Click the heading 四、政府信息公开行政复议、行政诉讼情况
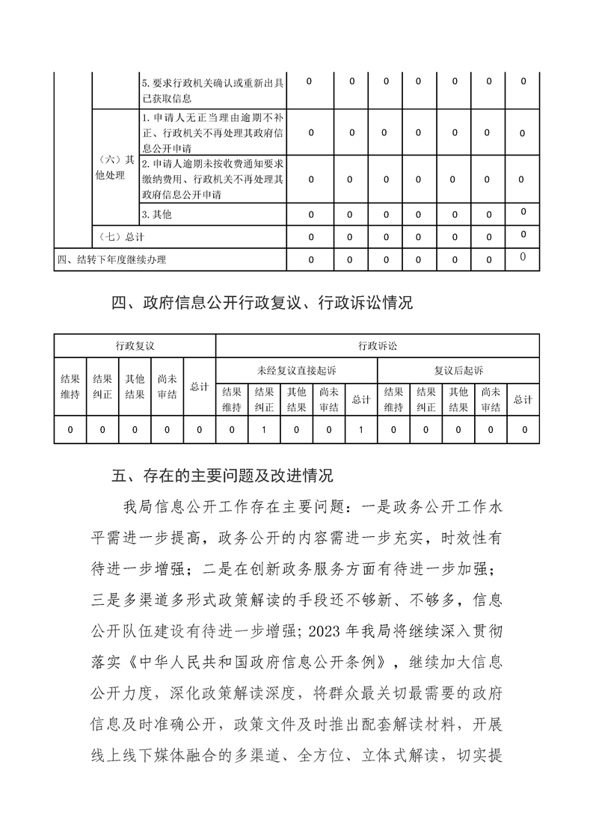click(261, 303)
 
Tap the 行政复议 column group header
click(135, 345)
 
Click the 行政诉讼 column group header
click(377, 345)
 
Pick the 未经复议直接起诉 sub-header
click(296, 370)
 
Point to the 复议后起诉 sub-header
click(458, 370)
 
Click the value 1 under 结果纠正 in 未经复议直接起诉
click(264, 430)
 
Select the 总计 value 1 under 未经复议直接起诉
click(361, 430)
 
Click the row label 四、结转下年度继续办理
click(112, 259)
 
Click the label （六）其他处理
click(115, 168)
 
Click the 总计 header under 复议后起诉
click(523, 399)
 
